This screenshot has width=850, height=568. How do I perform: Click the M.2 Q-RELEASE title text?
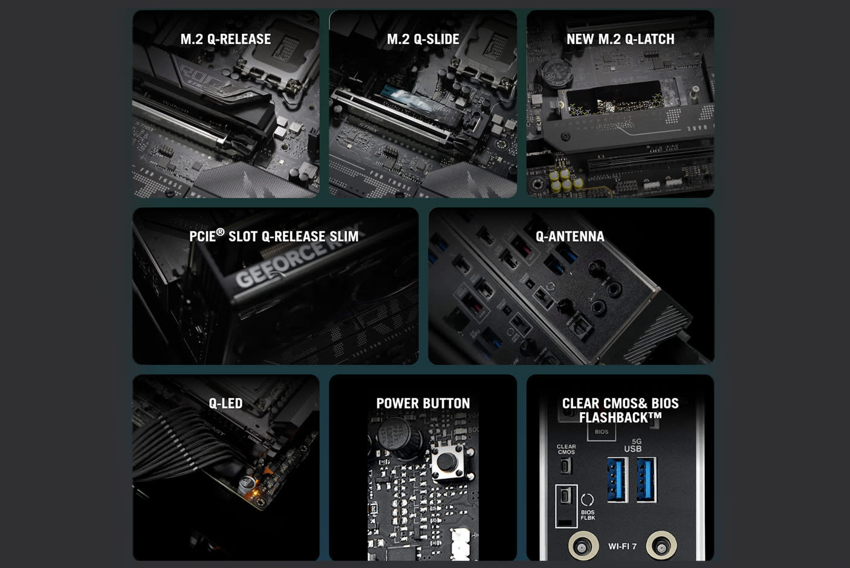(225, 39)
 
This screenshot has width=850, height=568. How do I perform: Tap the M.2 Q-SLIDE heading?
(423, 39)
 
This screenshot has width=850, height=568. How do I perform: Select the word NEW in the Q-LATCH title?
(580, 39)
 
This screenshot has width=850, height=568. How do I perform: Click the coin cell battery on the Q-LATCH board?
(556, 73)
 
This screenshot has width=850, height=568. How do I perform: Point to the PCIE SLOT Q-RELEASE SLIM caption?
(274, 236)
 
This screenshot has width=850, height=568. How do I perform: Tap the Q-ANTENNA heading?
(569, 236)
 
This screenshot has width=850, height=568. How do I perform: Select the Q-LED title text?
(225, 403)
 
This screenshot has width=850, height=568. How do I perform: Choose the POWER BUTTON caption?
(423, 403)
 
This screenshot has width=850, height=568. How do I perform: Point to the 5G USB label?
(633, 446)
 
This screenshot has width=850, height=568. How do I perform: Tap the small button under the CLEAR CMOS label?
(566, 466)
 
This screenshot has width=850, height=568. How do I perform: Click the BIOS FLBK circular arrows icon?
(587, 500)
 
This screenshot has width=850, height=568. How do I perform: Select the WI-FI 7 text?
(622, 546)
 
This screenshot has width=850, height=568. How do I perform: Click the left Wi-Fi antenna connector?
(583, 547)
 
